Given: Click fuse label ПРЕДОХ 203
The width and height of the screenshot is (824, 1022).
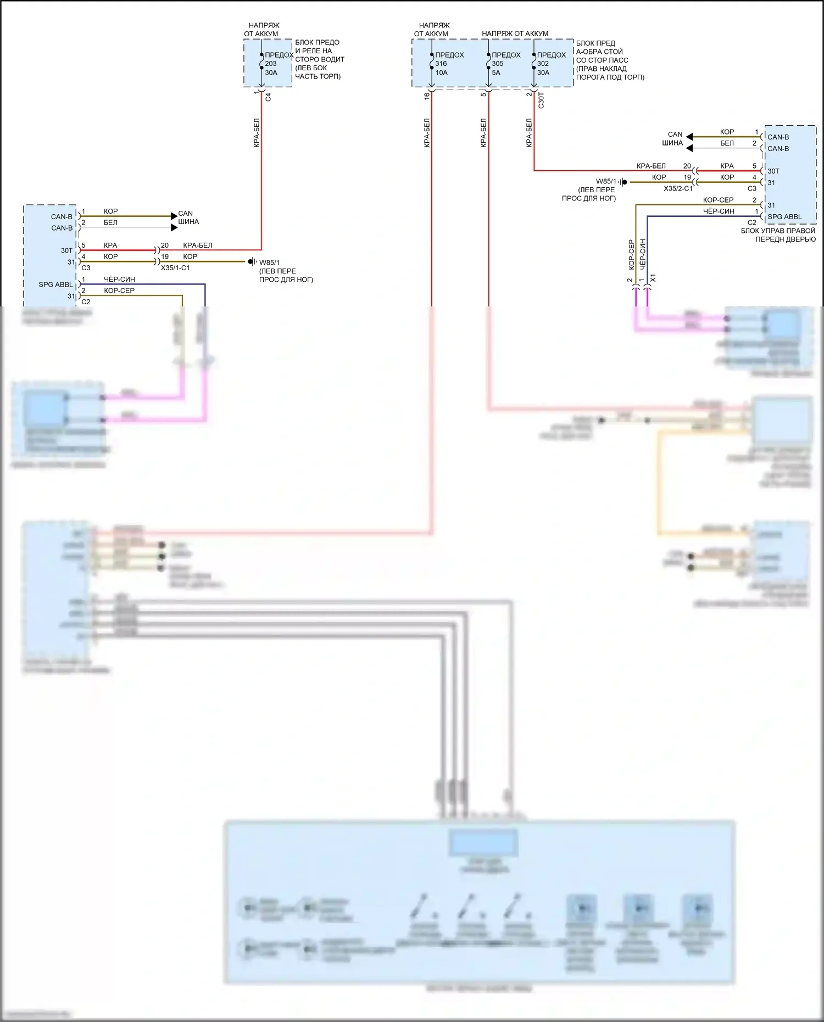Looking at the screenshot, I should (x=278, y=59).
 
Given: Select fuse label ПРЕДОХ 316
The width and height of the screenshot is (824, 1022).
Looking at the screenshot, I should (x=448, y=59).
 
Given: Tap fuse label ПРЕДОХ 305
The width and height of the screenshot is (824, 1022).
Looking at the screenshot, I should (x=505, y=59).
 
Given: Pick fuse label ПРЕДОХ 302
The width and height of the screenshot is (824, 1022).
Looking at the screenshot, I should (x=550, y=59).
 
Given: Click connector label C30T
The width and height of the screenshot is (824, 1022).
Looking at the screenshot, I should (x=542, y=100).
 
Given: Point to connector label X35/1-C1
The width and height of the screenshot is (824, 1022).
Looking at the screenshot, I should (x=175, y=268).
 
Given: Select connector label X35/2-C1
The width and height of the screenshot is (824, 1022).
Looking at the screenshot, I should (x=678, y=188).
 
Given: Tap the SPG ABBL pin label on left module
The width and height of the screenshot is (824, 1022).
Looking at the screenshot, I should (x=55, y=284).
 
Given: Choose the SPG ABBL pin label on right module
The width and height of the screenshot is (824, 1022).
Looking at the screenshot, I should (x=784, y=217).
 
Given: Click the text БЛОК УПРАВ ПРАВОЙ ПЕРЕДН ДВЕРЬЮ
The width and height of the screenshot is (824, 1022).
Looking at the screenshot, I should (x=778, y=235).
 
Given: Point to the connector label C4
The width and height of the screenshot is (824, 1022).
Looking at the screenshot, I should (x=269, y=97).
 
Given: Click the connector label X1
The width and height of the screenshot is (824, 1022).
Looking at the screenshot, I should (x=653, y=278).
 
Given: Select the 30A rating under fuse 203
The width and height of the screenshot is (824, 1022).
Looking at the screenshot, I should (x=271, y=72).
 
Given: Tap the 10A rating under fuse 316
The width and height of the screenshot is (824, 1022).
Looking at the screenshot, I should (x=442, y=72).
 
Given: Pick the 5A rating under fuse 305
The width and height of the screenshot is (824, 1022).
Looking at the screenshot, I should (x=496, y=72).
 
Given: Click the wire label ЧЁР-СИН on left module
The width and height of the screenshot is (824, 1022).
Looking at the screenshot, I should (x=119, y=280).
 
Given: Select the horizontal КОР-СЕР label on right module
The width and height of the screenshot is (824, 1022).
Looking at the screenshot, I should (x=718, y=200).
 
